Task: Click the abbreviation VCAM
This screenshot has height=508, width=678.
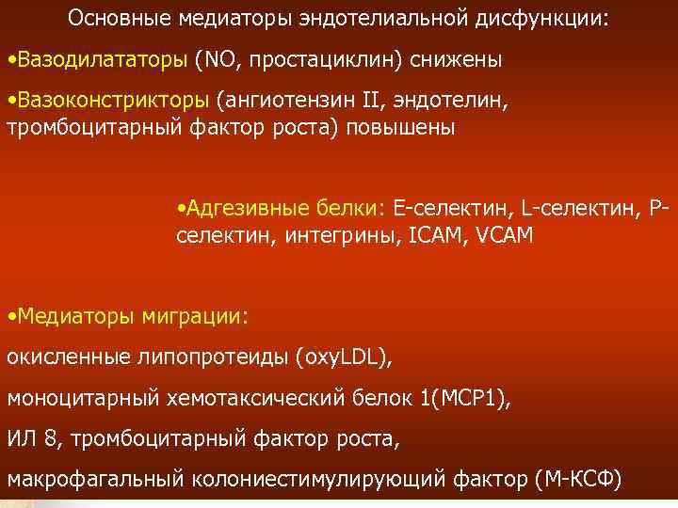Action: [x=506, y=235]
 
